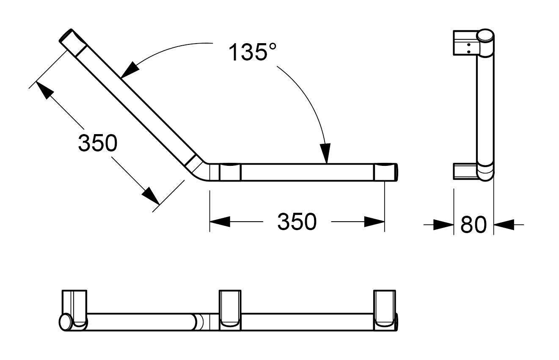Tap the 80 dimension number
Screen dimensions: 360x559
point(474,225)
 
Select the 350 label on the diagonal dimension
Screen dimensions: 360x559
point(97,143)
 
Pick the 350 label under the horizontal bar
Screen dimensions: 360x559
point(297,222)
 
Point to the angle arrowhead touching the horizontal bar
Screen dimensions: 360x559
point(325,153)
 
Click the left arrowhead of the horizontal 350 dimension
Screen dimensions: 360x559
point(220,222)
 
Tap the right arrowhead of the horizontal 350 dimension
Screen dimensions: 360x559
point(375,222)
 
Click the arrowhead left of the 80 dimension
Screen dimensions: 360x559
point(444,225)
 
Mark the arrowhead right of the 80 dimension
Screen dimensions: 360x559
point(504,225)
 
